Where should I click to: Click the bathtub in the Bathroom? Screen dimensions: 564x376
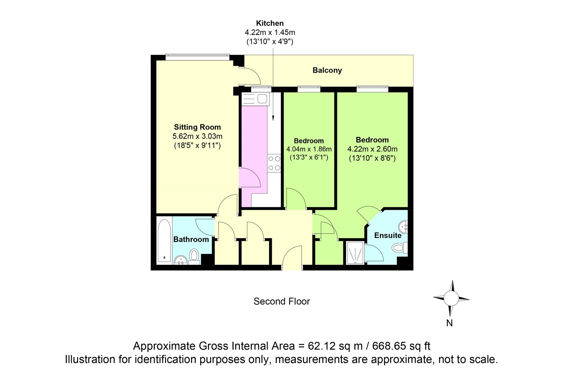(164, 241)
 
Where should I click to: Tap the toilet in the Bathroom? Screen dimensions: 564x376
(194, 256)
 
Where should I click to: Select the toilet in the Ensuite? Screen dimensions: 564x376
(399, 248)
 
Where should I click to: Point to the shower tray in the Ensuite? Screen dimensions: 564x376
(355, 253)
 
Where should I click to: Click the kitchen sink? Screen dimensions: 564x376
(255, 99)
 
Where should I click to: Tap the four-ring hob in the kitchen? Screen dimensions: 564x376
(274, 163)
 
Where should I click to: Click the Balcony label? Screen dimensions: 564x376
(327, 70)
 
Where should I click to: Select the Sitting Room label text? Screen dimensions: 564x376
(197, 127)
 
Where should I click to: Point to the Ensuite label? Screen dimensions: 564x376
(388, 235)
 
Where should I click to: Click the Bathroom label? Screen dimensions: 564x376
(191, 239)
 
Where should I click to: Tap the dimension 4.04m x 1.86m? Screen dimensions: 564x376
(309, 149)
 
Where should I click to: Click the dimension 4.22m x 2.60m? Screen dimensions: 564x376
(372, 149)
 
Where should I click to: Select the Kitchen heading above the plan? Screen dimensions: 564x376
(270, 23)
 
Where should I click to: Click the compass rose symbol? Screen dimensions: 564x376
(451, 298)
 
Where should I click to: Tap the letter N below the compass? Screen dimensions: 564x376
(449, 323)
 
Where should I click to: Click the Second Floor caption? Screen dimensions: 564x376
(282, 301)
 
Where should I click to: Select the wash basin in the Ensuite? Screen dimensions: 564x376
(403, 226)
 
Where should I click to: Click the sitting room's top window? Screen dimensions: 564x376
(197, 57)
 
